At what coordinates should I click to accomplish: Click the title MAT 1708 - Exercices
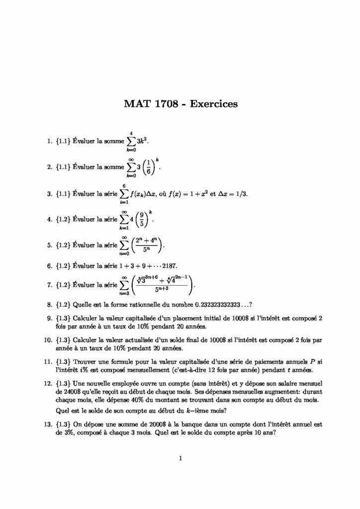180,104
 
